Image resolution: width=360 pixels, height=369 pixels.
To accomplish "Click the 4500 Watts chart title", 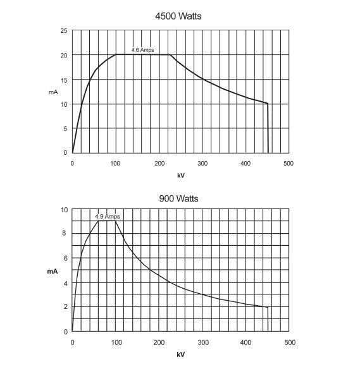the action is [x=178, y=16].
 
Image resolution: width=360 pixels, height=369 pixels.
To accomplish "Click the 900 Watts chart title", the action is [x=178, y=198].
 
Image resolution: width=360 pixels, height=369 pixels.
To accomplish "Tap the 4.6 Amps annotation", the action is [x=142, y=50].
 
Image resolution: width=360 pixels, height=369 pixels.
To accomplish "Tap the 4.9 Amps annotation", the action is [x=108, y=216].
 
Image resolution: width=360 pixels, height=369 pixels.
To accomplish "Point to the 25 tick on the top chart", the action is [x=64, y=30].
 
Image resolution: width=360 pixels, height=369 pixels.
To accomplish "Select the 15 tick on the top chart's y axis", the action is [x=64, y=80].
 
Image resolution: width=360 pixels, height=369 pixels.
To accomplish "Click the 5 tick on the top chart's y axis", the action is [x=65, y=129].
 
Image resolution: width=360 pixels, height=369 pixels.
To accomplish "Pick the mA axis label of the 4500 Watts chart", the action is [x=53, y=92].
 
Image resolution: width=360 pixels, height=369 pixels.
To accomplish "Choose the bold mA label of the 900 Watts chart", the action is [x=53, y=271].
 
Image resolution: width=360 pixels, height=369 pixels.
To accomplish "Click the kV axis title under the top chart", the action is [x=181, y=175].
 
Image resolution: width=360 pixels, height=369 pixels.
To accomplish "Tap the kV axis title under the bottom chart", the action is [x=181, y=354].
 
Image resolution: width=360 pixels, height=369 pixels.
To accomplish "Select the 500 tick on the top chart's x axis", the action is [x=289, y=163].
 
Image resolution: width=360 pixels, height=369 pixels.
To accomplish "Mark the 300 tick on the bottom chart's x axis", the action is [x=203, y=342].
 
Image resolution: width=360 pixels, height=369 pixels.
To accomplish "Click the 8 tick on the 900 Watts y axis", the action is [x=65, y=233].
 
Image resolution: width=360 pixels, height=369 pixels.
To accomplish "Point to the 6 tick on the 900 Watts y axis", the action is [x=65, y=258].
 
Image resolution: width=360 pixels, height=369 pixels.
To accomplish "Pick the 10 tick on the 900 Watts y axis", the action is [x=64, y=210].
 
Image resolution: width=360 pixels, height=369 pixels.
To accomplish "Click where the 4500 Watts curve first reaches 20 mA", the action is [x=116, y=54].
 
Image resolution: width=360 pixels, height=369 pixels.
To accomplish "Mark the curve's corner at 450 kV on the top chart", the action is [x=268, y=104].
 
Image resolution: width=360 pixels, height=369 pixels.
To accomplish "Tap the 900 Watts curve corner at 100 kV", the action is [x=115, y=221].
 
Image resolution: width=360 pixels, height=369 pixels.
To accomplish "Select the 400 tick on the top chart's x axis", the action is [x=245, y=163].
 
